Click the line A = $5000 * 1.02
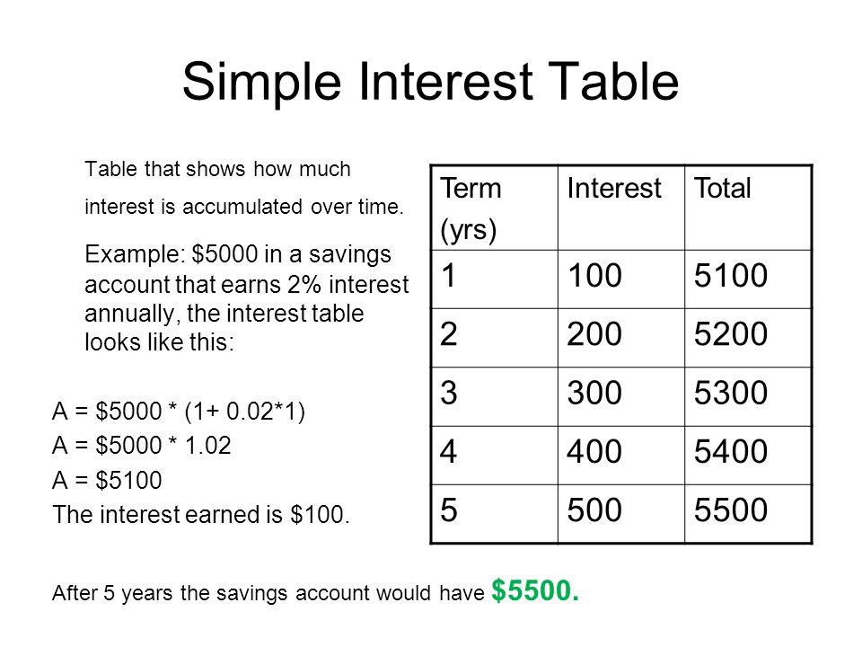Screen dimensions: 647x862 [142, 447]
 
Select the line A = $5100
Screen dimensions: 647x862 [108, 481]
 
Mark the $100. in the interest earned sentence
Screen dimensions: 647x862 [323, 515]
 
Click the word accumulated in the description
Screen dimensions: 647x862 [245, 207]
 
